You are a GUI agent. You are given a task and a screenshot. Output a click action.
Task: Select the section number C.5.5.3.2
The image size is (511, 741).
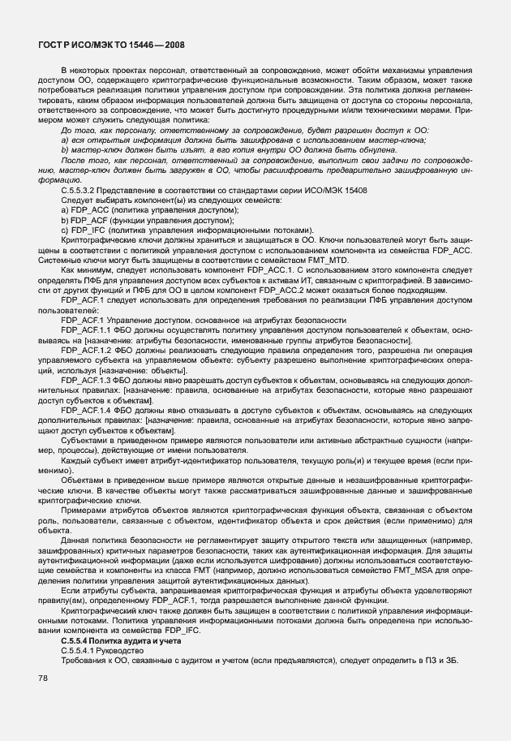pyautogui.click(x=83, y=192)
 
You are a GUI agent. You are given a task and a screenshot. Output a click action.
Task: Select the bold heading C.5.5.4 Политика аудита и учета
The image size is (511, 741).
pyautogui.click(x=125, y=642)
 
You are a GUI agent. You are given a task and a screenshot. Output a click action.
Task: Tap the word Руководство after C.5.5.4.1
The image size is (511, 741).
pyautogui.click(x=119, y=651)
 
